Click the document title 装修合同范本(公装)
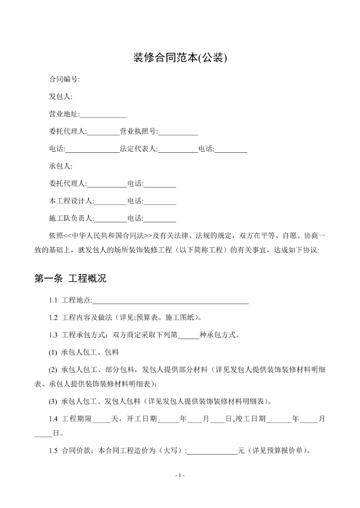tap(180, 58)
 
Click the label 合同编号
tap(63, 79)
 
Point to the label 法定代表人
tap(138, 149)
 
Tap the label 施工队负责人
tap(71, 218)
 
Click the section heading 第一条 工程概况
tap(70, 279)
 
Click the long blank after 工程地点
tap(171, 301)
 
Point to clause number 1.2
tap(53, 318)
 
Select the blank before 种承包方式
tap(188, 335)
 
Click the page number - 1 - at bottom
tap(180, 475)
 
